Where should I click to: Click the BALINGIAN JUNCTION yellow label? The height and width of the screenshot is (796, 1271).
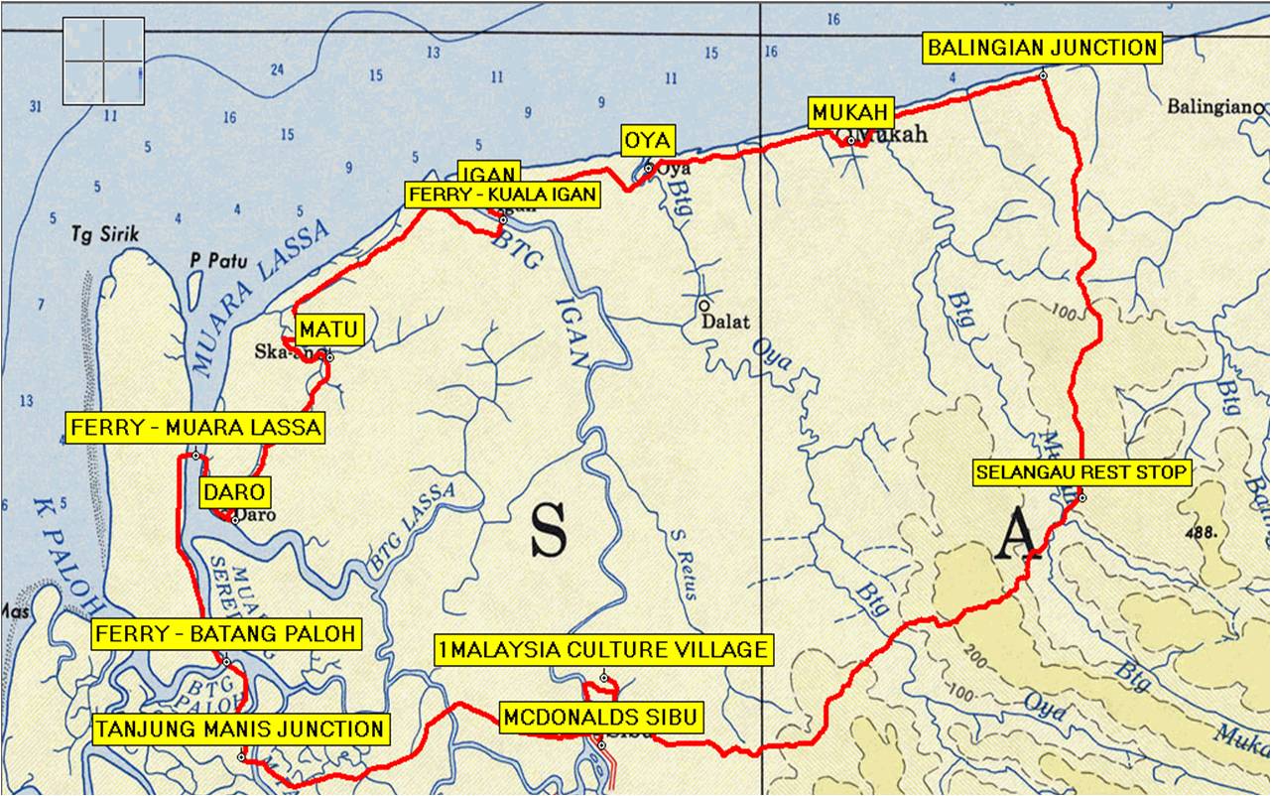1042,48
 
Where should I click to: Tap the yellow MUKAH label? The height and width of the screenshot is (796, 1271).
851,112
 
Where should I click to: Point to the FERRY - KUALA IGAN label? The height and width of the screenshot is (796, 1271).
503,195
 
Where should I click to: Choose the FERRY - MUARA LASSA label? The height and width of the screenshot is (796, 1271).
196,428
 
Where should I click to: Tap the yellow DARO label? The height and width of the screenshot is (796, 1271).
235,492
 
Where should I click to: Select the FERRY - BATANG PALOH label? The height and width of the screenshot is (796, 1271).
224,634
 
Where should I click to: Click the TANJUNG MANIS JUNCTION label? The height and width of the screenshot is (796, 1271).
240,730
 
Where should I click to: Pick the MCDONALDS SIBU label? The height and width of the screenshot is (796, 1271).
602,717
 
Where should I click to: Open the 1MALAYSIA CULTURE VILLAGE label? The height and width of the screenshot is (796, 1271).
603,650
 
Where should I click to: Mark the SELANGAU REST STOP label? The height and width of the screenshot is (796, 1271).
1081,472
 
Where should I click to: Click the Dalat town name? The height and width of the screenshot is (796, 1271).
725,322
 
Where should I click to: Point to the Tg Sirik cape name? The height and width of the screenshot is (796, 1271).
105,234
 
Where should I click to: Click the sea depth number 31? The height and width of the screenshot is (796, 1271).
37,106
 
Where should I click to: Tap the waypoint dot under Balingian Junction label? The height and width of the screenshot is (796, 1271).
1043,75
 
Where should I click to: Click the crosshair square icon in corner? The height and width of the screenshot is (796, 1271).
103,61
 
